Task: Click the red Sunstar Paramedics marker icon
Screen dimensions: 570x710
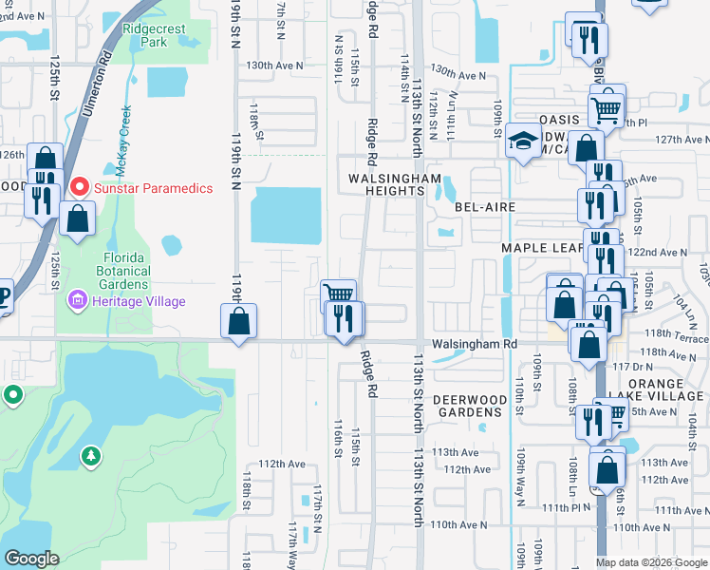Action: pyautogui.click(x=82, y=186)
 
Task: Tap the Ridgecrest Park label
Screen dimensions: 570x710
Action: pyautogui.click(x=152, y=36)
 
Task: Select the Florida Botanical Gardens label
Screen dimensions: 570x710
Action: pyautogui.click(x=124, y=271)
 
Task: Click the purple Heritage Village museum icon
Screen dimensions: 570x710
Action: pyautogui.click(x=75, y=301)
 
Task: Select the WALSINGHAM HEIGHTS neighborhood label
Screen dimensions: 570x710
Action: pyautogui.click(x=395, y=184)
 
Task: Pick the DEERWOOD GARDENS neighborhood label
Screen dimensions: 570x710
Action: pyautogui.click(x=468, y=406)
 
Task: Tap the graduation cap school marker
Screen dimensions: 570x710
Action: pyautogui.click(x=521, y=141)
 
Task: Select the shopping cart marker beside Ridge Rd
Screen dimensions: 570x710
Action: pyautogui.click(x=338, y=294)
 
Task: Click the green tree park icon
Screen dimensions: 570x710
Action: pyautogui.click(x=91, y=457)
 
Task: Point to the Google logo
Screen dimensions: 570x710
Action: pyautogui.click(x=31, y=559)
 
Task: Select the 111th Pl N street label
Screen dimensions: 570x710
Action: pyautogui.click(x=569, y=508)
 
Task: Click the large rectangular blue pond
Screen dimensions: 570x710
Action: pyautogui.click(x=286, y=215)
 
